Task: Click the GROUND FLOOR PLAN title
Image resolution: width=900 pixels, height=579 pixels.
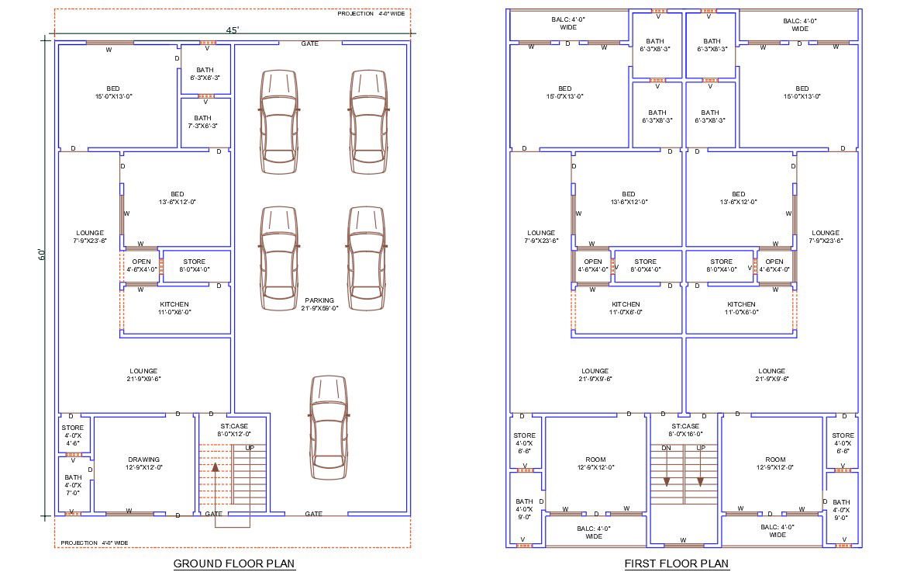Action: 234,563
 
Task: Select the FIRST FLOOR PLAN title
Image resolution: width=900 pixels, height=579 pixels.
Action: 677,563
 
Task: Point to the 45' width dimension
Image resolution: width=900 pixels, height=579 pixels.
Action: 233,29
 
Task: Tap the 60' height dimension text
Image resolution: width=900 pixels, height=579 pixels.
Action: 42,255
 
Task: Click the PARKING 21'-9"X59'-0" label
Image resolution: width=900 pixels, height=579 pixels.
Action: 319,304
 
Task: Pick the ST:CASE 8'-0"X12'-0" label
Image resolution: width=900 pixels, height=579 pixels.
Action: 234,430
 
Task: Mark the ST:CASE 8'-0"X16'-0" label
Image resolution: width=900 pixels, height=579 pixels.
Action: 685,430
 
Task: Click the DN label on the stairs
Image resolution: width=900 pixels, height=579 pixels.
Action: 667,448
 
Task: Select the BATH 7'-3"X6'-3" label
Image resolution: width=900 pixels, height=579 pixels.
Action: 202,122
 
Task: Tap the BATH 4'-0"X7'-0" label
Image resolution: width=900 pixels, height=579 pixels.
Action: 73,485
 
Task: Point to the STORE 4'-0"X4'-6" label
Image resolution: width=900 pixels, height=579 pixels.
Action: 73,435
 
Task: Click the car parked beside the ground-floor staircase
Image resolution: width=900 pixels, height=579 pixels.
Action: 329,428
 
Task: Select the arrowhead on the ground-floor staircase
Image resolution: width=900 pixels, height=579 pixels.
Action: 216,467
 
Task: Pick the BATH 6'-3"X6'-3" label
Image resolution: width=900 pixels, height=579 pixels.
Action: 205,74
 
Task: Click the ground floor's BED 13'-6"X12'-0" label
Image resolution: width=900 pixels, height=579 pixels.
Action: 178,198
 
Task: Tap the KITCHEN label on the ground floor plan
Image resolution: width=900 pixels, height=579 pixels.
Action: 174,304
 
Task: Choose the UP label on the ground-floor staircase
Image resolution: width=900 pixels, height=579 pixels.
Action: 250,448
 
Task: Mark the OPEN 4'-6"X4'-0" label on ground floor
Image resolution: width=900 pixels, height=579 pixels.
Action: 141,265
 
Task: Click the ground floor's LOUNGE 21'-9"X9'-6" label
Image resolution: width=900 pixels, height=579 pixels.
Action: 143,375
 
